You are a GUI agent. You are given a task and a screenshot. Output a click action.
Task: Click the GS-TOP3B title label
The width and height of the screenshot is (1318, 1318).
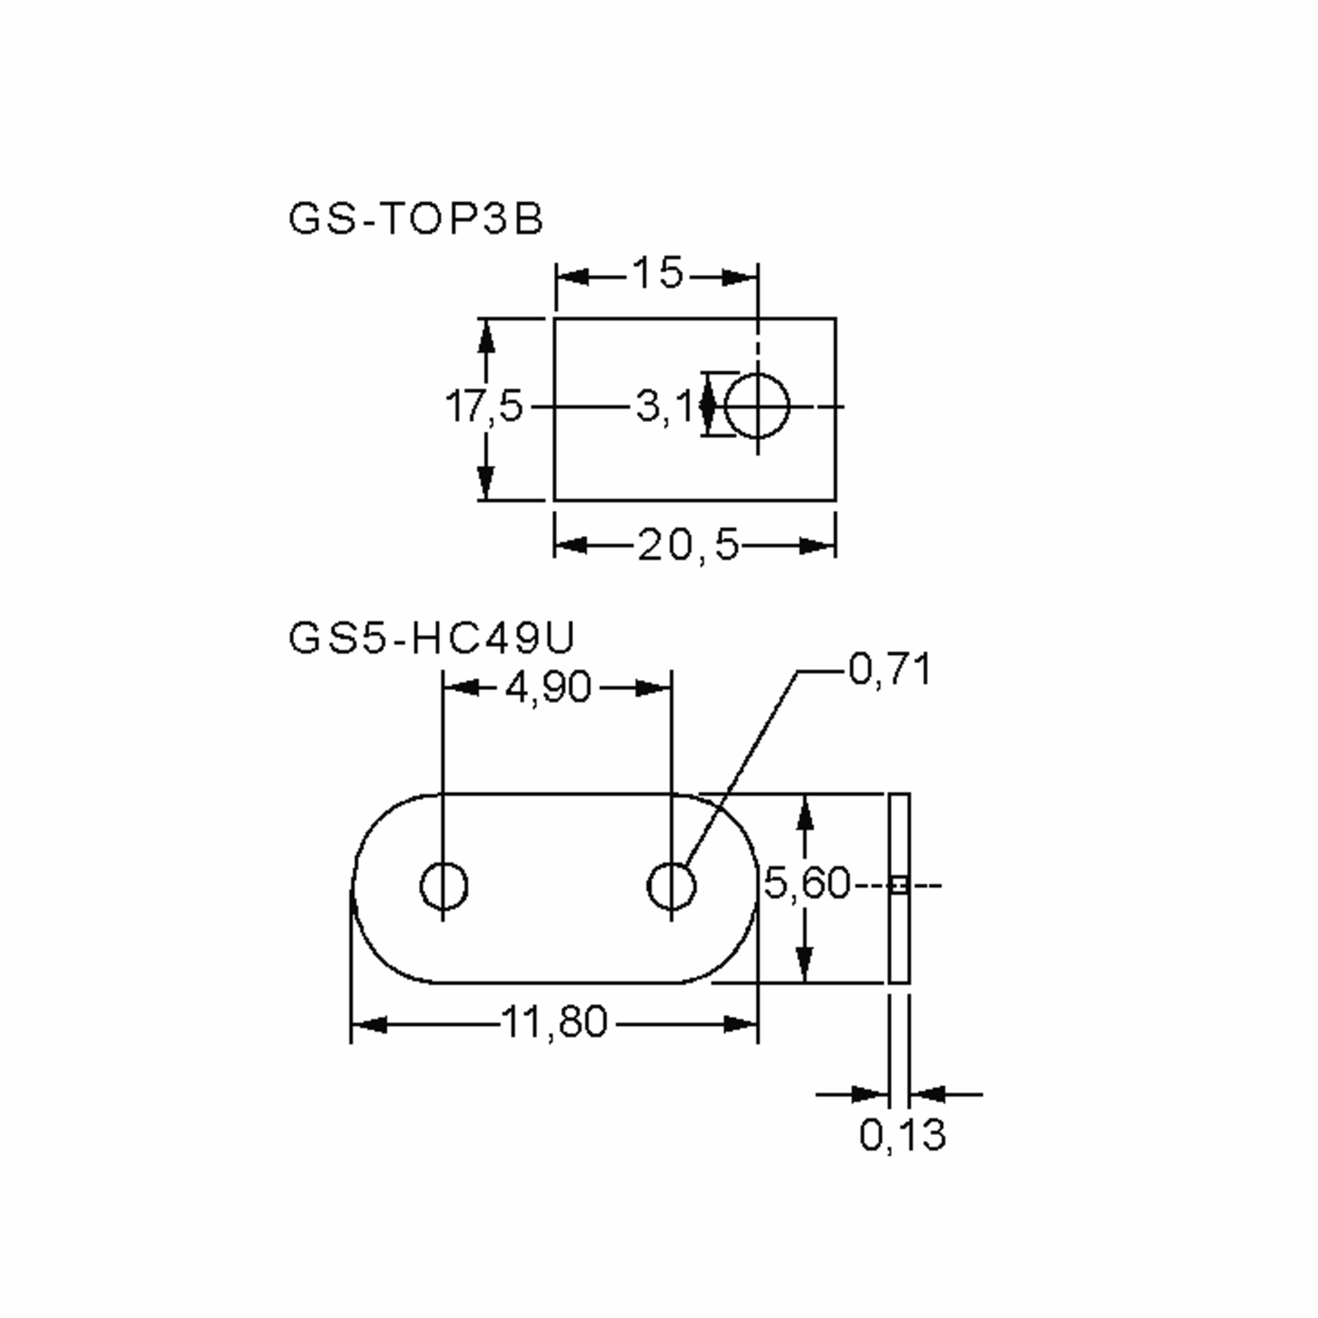tap(416, 220)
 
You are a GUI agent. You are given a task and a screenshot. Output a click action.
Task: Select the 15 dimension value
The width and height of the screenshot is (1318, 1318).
tap(657, 273)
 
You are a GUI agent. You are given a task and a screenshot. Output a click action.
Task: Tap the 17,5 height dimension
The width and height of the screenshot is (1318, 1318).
tap(484, 406)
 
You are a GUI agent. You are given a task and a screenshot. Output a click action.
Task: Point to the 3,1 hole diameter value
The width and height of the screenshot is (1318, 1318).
tap(663, 406)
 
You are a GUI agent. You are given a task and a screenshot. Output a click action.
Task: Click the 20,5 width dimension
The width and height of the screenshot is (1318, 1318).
tap(688, 546)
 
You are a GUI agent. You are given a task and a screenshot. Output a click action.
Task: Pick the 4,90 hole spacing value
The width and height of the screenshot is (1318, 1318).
tap(548, 687)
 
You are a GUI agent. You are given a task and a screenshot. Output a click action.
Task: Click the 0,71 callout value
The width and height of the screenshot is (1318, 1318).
tap(890, 669)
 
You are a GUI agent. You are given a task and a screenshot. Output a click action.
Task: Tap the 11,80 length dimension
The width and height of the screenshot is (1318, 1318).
tap(554, 1022)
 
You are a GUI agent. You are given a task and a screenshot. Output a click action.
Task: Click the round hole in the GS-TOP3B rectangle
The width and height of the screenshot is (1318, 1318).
tap(757, 406)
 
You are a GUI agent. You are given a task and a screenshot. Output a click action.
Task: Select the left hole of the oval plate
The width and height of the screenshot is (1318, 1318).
tap(443, 885)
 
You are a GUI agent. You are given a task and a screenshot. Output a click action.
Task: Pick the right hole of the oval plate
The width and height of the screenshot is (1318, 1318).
tap(671, 885)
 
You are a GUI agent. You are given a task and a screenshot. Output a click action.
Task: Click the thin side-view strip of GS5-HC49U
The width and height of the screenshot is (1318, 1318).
tap(899, 941)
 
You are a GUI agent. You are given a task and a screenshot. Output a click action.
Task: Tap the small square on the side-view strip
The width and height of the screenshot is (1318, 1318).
tap(899, 885)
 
